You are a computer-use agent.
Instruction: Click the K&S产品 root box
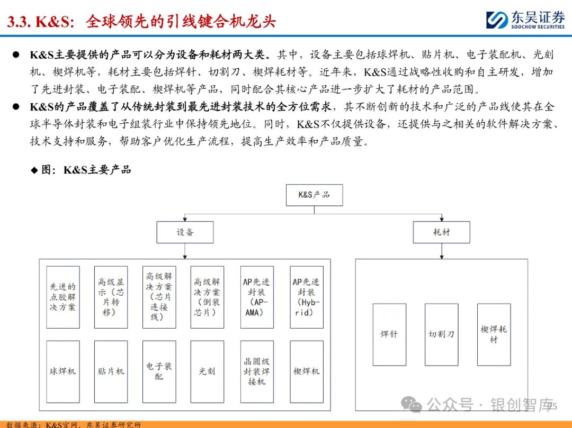coord(314,195)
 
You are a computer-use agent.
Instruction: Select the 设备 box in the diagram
coord(185,232)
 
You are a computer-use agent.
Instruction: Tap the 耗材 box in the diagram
coord(441,232)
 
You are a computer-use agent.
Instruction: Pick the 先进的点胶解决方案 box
coord(63,297)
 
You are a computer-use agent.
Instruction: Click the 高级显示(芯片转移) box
coord(111,297)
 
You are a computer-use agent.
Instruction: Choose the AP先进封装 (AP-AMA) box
coord(257,297)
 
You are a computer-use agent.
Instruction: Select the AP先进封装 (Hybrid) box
coord(307,297)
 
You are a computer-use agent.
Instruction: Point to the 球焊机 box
coord(63,371)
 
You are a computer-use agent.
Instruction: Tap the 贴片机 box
coord(111,371)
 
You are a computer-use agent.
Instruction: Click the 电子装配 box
coord(159,371)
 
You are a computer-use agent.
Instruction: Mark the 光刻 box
coord(207,371)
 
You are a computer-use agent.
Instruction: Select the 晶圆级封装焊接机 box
coord(257,371)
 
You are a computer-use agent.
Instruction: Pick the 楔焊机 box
coord(307,371)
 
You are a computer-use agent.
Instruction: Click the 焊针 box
coord(389,334)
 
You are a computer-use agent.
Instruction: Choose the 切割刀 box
coord(441,334)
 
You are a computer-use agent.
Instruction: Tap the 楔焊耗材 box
coord(494,334)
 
